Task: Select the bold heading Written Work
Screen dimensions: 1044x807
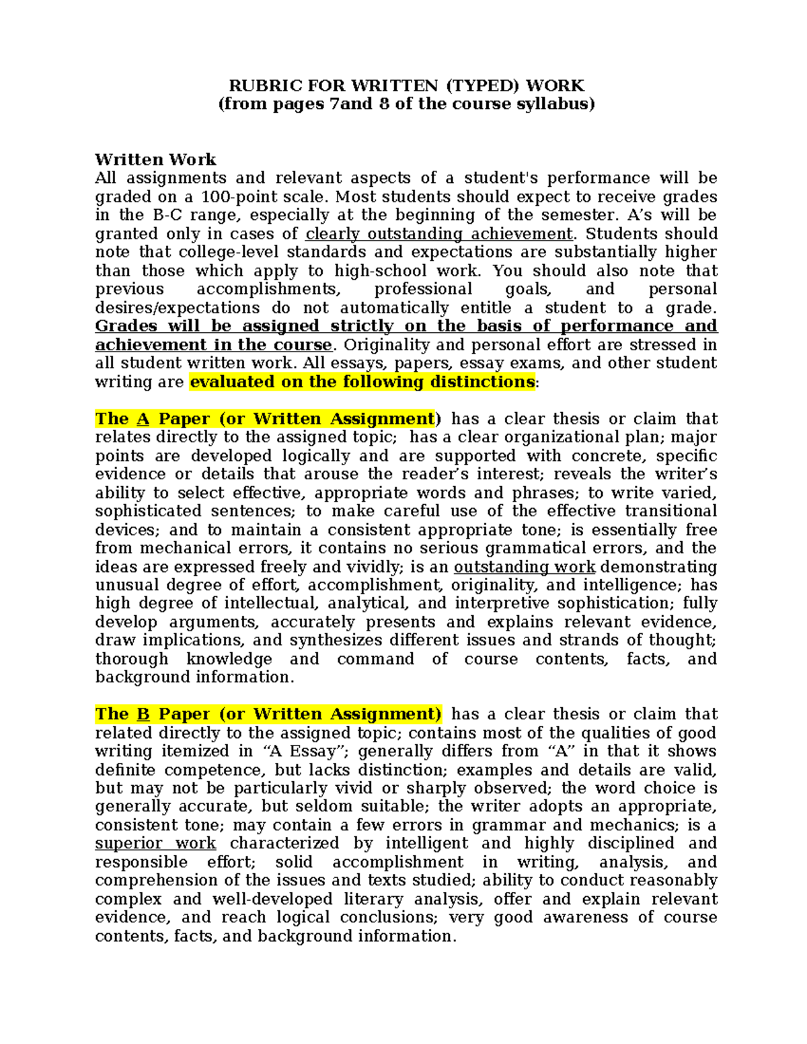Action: click(155, 159)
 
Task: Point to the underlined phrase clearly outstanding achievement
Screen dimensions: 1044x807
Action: click(439, 234)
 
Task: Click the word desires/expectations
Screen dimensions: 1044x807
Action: click(177, 308)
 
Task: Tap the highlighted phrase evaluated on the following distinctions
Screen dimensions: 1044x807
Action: click(362, 382)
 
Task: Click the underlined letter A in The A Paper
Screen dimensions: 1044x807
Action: click(143, 419)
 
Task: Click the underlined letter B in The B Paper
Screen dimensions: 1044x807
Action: click(143, 714)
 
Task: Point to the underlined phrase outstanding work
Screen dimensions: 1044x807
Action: click(525, 567)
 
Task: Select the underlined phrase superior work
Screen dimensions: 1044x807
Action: click(155, 844)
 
